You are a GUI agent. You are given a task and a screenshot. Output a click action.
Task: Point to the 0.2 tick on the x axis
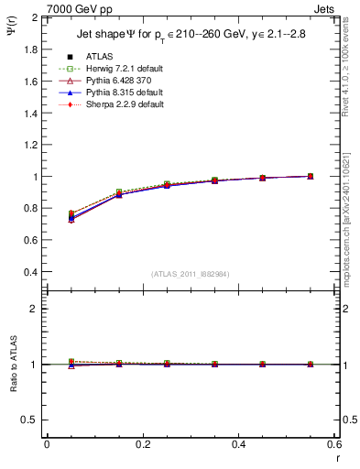(x=142, y=444)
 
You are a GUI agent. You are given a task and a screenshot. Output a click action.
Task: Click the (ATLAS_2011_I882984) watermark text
(x=191, y=274)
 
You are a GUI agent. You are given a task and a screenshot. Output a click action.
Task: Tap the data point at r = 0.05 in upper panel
(x=71, y=217)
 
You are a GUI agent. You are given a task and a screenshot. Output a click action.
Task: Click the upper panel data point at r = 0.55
(x=311, y=177)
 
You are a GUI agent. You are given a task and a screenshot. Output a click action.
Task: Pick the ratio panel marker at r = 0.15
(x=119, y=364)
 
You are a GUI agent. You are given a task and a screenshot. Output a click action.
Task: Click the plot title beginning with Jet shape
(x=191, y=36)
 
